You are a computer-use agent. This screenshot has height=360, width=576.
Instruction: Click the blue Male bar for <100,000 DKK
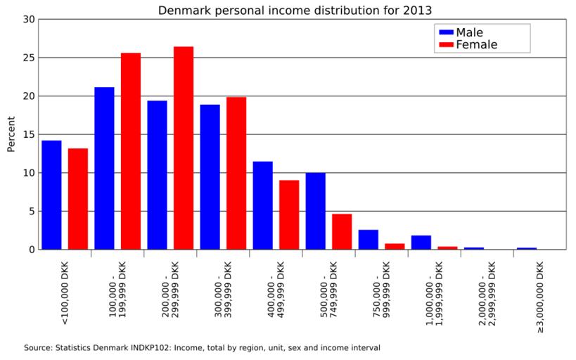coord(51,195)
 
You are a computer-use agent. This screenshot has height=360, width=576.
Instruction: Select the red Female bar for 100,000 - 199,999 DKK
coord(131,151)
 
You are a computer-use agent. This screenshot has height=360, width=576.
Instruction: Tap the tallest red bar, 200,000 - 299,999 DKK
coord(184,148)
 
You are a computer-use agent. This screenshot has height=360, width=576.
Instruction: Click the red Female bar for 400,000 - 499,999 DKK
coord(289,214)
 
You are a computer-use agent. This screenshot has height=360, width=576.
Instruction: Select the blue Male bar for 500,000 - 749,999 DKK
coord(315,211)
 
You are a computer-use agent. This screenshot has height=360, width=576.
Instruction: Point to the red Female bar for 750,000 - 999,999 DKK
coord(395,246)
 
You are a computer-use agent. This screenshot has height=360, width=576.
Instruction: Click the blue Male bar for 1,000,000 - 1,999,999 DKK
coord(421,242)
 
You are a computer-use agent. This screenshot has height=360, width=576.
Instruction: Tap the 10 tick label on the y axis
coord(28,173)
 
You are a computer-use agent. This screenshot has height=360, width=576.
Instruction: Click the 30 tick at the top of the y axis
coord(28,20)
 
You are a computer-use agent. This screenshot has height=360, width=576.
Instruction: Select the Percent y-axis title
coord(11,134)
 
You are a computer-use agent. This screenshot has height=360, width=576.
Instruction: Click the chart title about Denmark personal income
coord(295,10)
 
